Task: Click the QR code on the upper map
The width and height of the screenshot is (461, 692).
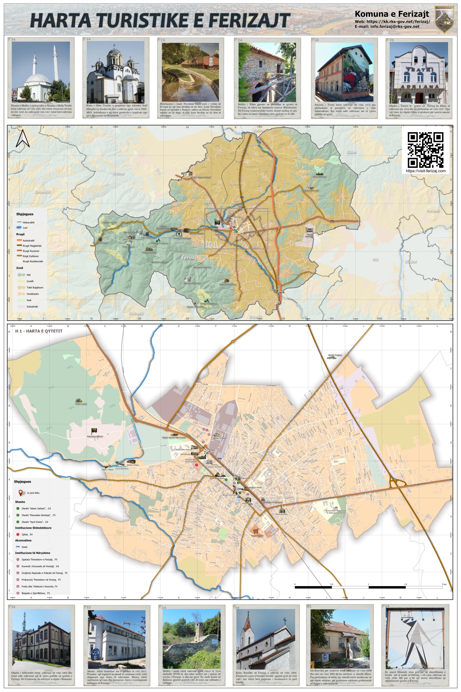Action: [x=425, y=150]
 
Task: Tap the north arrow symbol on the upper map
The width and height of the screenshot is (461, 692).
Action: [x=23, y=139]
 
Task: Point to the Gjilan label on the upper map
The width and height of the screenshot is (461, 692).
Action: [x=351, y=152]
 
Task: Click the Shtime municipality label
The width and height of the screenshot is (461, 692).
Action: [x=118, y=174]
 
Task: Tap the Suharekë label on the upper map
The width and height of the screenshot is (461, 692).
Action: [x=43, y=192]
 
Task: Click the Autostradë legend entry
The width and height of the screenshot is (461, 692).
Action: [x=29, y=240]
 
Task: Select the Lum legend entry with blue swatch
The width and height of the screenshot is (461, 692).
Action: [x=25, y=227]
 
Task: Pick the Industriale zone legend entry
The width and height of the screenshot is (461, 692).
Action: [x=32, y=307]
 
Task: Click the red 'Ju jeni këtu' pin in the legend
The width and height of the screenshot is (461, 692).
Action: [x=21, y=493]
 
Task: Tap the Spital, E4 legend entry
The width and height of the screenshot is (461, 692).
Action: [x=27, y=534]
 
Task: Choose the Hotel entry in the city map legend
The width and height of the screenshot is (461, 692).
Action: [x=24, y=547]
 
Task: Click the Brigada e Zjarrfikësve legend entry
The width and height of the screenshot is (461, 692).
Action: [x=36, y=593]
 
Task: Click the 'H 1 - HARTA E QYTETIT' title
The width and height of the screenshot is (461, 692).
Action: [x=39, y=331]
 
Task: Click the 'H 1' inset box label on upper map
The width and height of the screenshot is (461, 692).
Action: [x=212, y=244]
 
